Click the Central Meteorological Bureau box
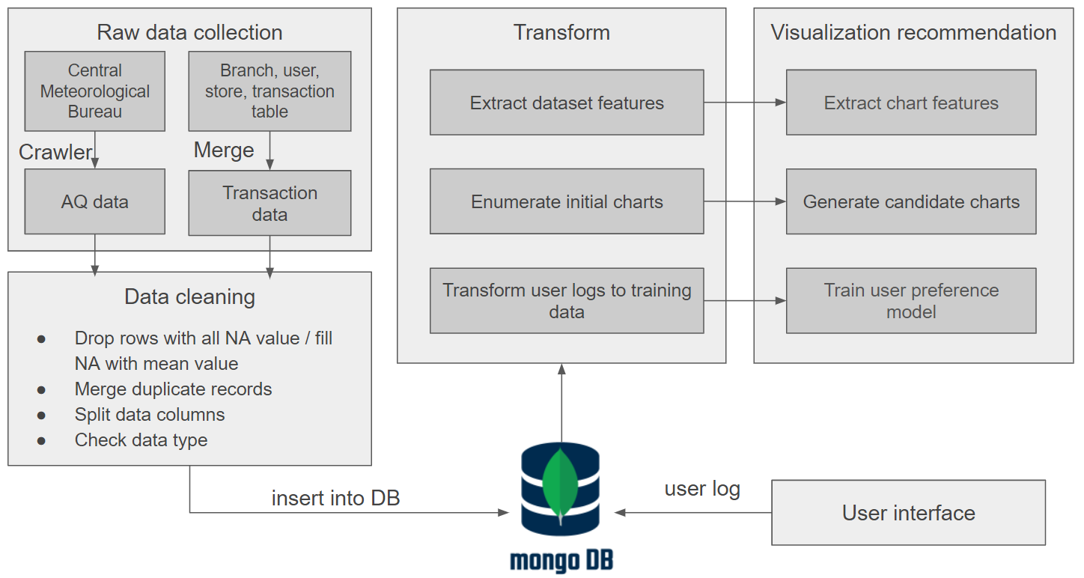click(x=94, y=91)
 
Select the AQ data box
click(x=94, y=201)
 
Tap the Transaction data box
click(x=270, y=203)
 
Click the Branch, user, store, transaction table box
click(x=270, y=91)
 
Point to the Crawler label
click(x=55, y=152)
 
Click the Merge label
click(x=224, y=150)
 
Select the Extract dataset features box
click(x=567, y=103)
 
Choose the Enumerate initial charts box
click(x=567, y=201)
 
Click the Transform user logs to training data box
click(x=567, y=300)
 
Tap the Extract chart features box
click(x=911, y=103)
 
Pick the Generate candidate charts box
click(x=911, y=201)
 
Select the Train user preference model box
click(x=911, y=300)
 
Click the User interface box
click(x=908, y=513)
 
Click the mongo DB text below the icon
click(x=561, y=561)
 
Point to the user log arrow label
click(x=702, y=489)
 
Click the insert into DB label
click(x=335, y=498)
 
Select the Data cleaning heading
click(x=189, y=296)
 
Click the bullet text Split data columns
click(x=150, y=414)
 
